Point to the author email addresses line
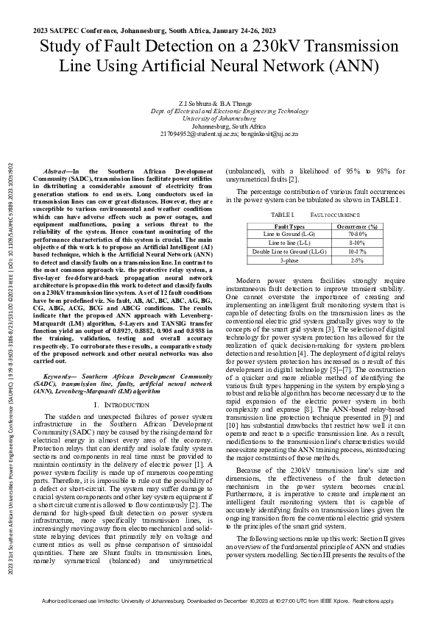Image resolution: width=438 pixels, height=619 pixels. (219, 134)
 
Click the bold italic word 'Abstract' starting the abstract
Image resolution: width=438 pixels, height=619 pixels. (57, 171)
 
